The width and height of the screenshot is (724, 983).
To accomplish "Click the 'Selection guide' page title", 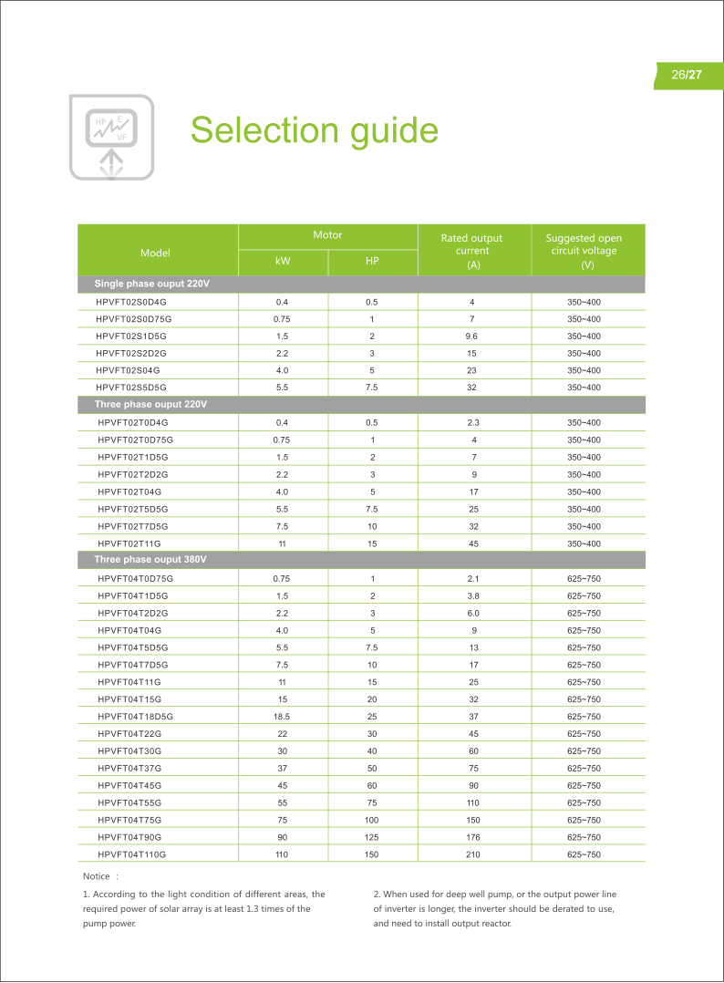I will (314, 130).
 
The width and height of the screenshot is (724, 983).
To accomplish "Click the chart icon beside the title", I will (111, 136).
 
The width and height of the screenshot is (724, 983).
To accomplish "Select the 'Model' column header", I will (155, 253).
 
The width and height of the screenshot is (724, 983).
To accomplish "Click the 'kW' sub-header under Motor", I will (282, 261).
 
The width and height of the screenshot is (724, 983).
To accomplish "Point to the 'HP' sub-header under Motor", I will (372, 261).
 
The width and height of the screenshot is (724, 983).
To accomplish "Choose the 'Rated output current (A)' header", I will (472, 251).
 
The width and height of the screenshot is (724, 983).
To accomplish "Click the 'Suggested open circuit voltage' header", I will (586, 251).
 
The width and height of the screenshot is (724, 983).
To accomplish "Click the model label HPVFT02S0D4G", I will (131, 302).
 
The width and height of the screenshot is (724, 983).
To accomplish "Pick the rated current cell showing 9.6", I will (472, 336).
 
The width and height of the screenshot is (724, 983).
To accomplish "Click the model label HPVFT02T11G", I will (132, 543).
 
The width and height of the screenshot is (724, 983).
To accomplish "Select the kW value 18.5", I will (282, 717).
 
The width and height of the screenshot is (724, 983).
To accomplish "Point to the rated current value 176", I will (472, 837).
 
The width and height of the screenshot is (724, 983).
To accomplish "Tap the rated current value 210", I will (472, 854).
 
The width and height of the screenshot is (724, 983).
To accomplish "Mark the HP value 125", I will (372, 837).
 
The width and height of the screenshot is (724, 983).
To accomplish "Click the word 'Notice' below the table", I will (97, 876).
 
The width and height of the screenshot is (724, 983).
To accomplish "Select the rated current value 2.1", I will (472, 578).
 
